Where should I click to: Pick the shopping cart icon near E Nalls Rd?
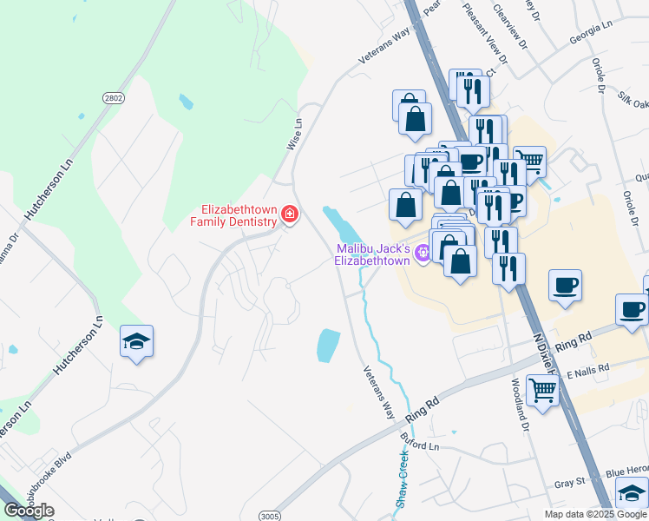542,392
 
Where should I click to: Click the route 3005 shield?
271,516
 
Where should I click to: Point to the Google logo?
29,511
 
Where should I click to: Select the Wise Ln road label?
297,135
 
